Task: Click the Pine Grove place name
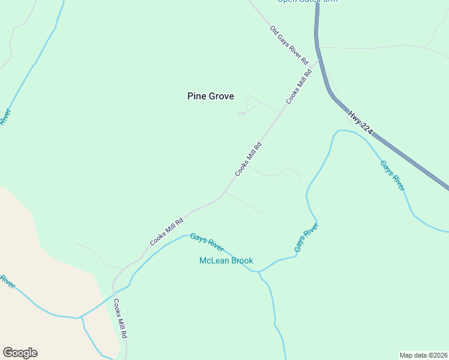(x=210, y=96)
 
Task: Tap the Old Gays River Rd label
(x=288, y=45)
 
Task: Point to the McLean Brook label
(x=226, y=260)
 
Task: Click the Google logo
(x=20, y=353)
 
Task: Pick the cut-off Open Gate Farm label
(x=307, y=1)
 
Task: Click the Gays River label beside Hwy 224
(x=392, y=175)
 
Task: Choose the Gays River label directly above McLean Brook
(x=207, y=242)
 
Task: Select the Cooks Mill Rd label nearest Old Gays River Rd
(x=299, y=87)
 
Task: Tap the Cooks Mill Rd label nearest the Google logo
(x=121, y=318)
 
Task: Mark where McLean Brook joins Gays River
(x=259, y=272)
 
